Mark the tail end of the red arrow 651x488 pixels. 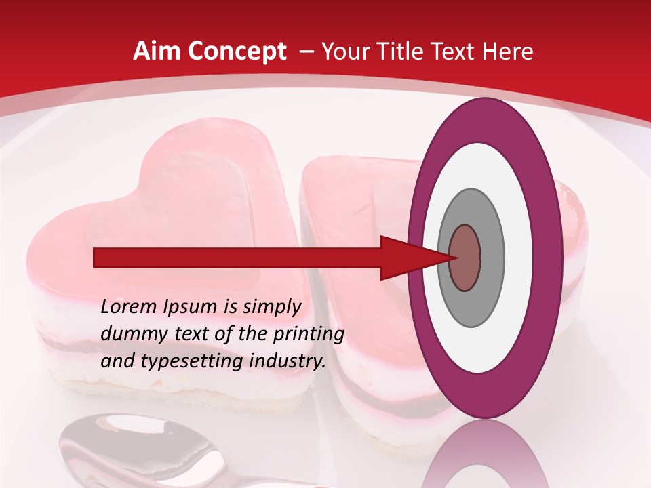(x=96, y=258)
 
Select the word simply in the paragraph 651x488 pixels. (x=271, y=306)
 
